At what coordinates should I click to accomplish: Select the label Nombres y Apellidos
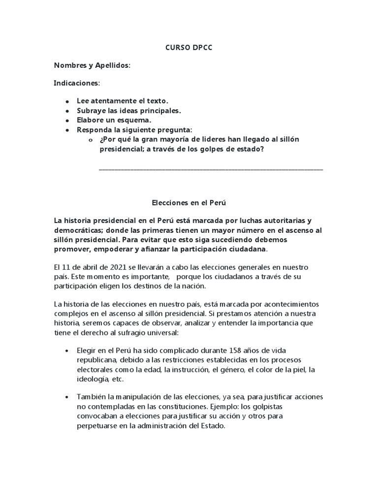click(x=92, y=65)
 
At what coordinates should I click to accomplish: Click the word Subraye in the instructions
click(x=92, y=111)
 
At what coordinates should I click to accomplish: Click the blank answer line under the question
click(x=211, y=170)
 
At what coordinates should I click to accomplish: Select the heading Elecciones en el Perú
click(x=189, y=202)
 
